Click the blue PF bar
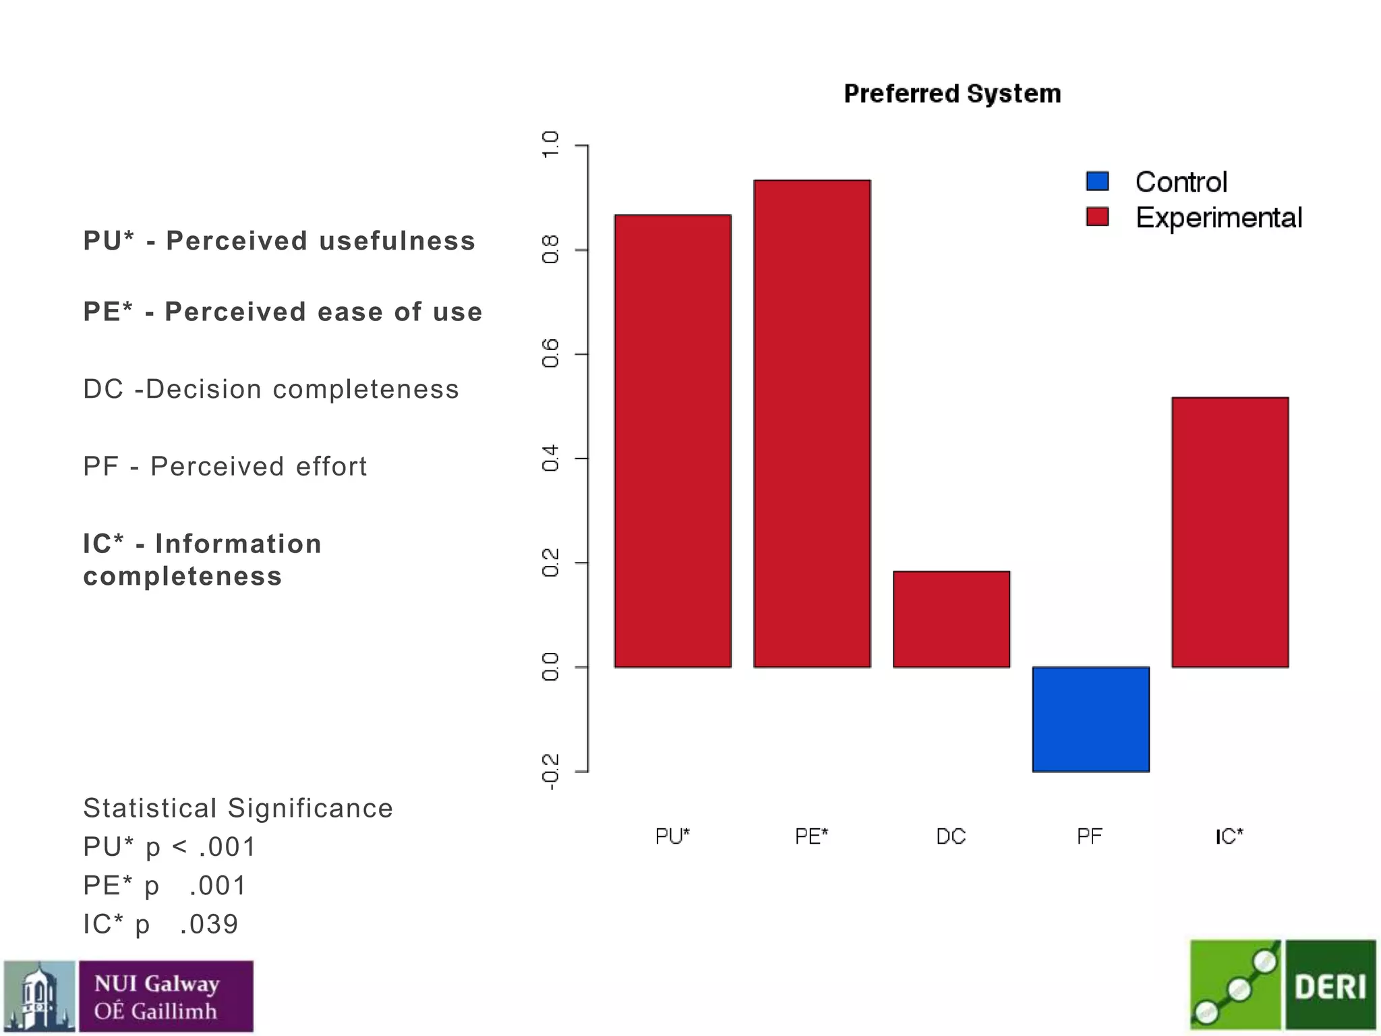tap(1090, 719)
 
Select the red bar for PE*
tap(812, 424)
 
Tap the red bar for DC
tap(951, 619)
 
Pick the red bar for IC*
tap(1230, 532)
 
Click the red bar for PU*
tap(672, 441)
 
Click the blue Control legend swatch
tap(1098, 181)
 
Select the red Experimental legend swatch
tap(1098, 217)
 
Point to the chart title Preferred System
tap(952, 94)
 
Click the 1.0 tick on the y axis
tap(550, 145)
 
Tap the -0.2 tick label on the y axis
tap(550, 772)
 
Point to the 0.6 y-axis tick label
tap(550, 353)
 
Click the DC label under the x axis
tap(951, 837)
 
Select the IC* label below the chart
tap(1229, 837)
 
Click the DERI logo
tap(1330, 987)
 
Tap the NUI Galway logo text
tap(156, 997)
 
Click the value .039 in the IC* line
tap(209, 925)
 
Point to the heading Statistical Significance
tap(237, 808)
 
